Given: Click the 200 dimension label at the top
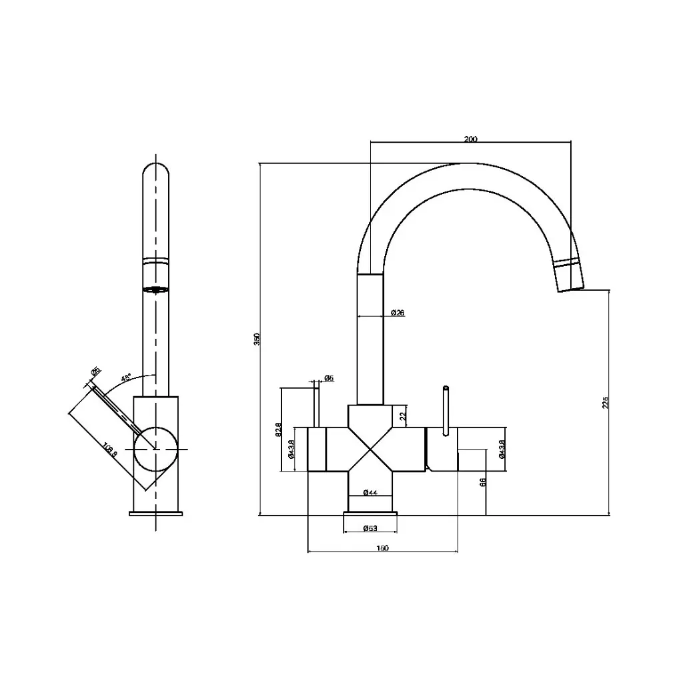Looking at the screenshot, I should click(x=470, y=139).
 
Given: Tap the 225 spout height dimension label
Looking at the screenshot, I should click(x=605, y=402).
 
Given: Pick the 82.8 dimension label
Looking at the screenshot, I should click(x=278, y=430).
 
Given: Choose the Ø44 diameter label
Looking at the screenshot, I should click(x=370, y=492).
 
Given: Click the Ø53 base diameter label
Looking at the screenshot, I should click(x=370, y=528).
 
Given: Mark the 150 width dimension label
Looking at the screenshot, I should click(x=382, y=548).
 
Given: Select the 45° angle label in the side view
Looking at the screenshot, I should click(x=126, y=378).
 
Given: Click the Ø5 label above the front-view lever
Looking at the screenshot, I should click(x=328, y=378).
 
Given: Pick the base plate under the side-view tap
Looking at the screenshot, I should click(x=156, y=513).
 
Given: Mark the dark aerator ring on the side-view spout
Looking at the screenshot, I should click(x=156, y=289).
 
